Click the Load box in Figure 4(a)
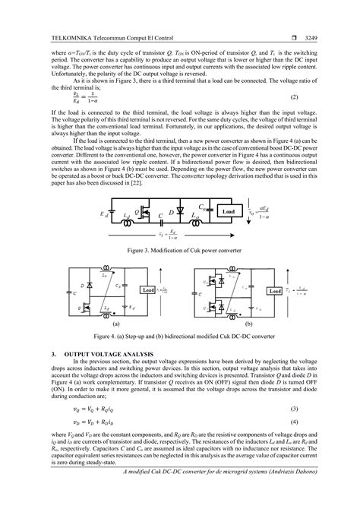click(148, 289)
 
